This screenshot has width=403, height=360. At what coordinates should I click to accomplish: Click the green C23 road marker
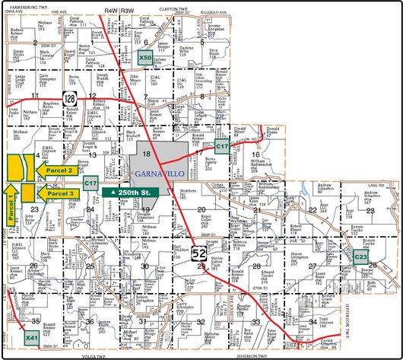[x=361, y=258]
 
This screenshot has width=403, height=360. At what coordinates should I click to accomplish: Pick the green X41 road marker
[x=32, y=336]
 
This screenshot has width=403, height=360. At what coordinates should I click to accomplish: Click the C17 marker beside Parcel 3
[x=90, y=183]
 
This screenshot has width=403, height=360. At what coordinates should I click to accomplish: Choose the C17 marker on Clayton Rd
[x=222, y=145]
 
